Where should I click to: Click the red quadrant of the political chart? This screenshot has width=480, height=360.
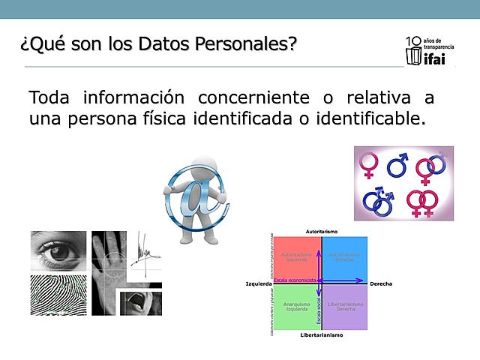(x=297, y=259)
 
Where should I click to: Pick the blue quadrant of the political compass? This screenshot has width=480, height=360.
(x=345, y=259)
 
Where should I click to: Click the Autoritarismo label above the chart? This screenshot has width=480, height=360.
(x=322, y=230)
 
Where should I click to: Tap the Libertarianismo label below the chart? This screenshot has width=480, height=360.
(x=321, y=335)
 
